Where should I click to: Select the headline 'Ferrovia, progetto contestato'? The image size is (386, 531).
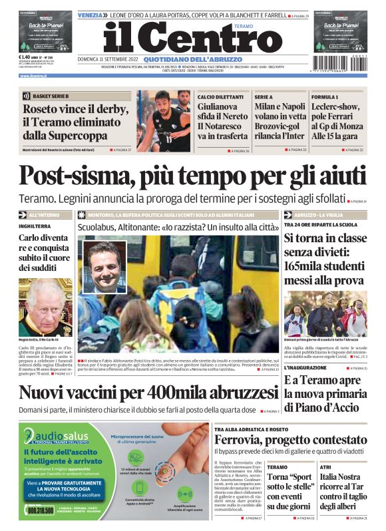coord(289,440)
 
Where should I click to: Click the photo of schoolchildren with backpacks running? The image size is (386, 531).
coord(325,313)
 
